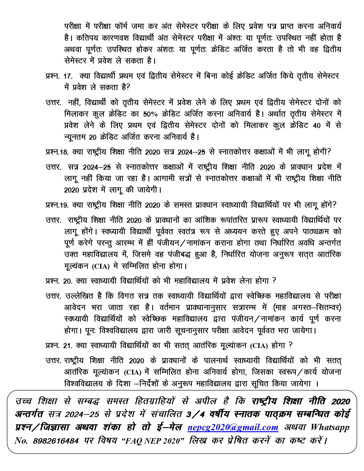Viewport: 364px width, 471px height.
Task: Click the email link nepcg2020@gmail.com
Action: pyautogui.click(x=233, y=427)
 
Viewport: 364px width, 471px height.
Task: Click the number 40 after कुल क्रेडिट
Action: pyautogui.click(x=317, y=125)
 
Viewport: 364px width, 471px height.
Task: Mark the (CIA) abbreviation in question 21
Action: pyautogui.click(x=259, y=346)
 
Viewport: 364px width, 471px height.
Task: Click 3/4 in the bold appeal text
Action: pyautogui.click(x=192, y=414)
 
